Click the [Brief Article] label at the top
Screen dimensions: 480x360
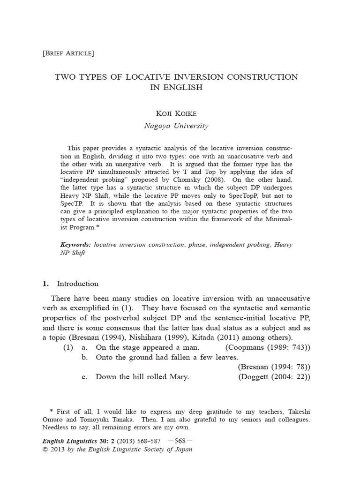pos(68,53)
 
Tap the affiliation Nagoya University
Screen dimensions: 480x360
pos(176,126)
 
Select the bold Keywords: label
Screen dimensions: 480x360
pos(76,245)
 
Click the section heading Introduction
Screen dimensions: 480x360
pos(78,284)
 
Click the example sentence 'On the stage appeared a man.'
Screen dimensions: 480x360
pos(148,347)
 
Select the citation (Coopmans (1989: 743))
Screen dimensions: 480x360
pos(268,347)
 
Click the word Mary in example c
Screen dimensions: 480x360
pos(178,377)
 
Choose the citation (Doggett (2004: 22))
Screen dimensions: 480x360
pos(274,377)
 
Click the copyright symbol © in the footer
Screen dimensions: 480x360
pos(45,449)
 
